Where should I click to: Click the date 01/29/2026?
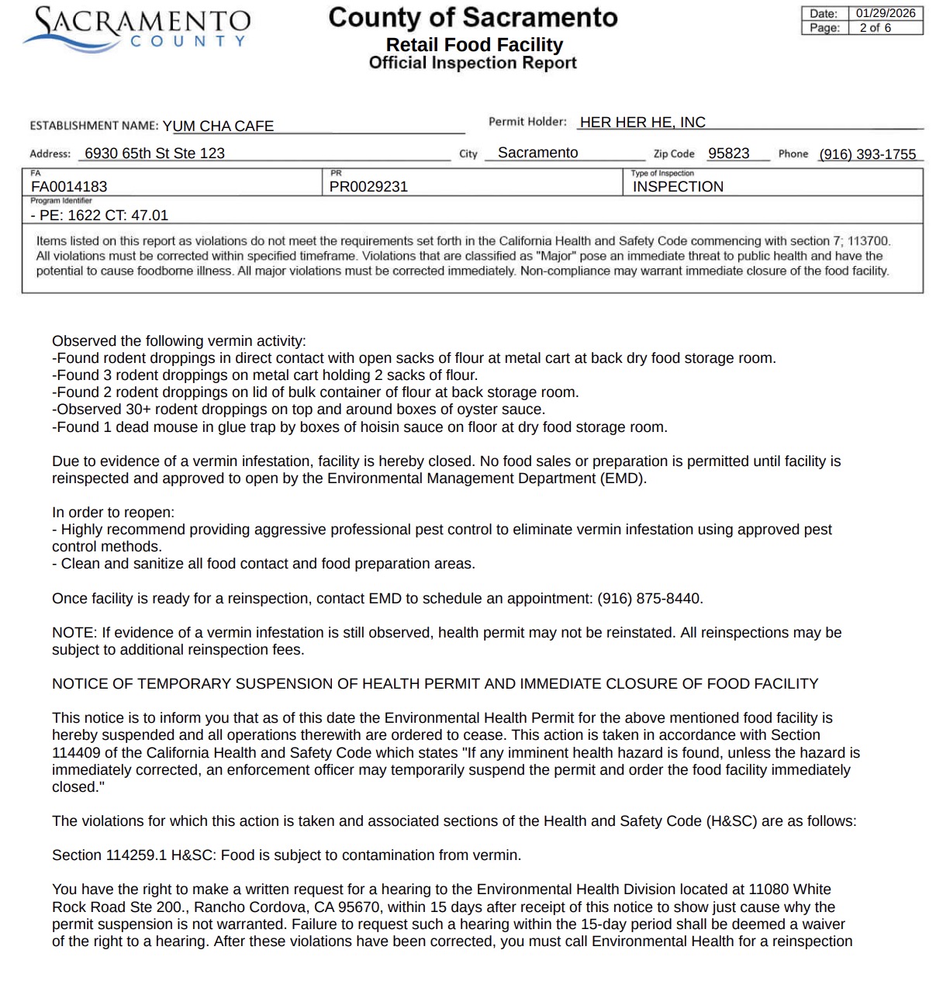(886, 13)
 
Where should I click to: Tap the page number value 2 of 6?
(875, 28)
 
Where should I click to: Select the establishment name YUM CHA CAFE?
(218, 126)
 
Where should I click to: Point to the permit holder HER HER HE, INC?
(642, 122)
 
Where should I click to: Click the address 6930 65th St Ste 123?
(154, 153)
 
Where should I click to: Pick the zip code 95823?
(728, 153)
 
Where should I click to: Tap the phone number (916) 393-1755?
(867, 154)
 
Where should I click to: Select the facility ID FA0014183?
(69, 186)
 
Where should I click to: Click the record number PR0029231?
(368, 186)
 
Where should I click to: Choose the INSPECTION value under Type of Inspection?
(678, 186)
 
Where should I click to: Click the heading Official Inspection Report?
(472, 63)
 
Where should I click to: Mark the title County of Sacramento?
(472, 17)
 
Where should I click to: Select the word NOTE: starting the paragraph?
(74, 633)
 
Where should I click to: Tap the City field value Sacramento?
(537, 153)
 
